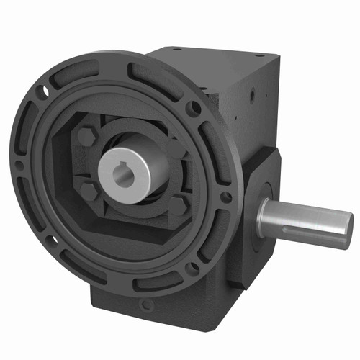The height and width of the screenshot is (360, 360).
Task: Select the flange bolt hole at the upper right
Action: click(194, 108)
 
